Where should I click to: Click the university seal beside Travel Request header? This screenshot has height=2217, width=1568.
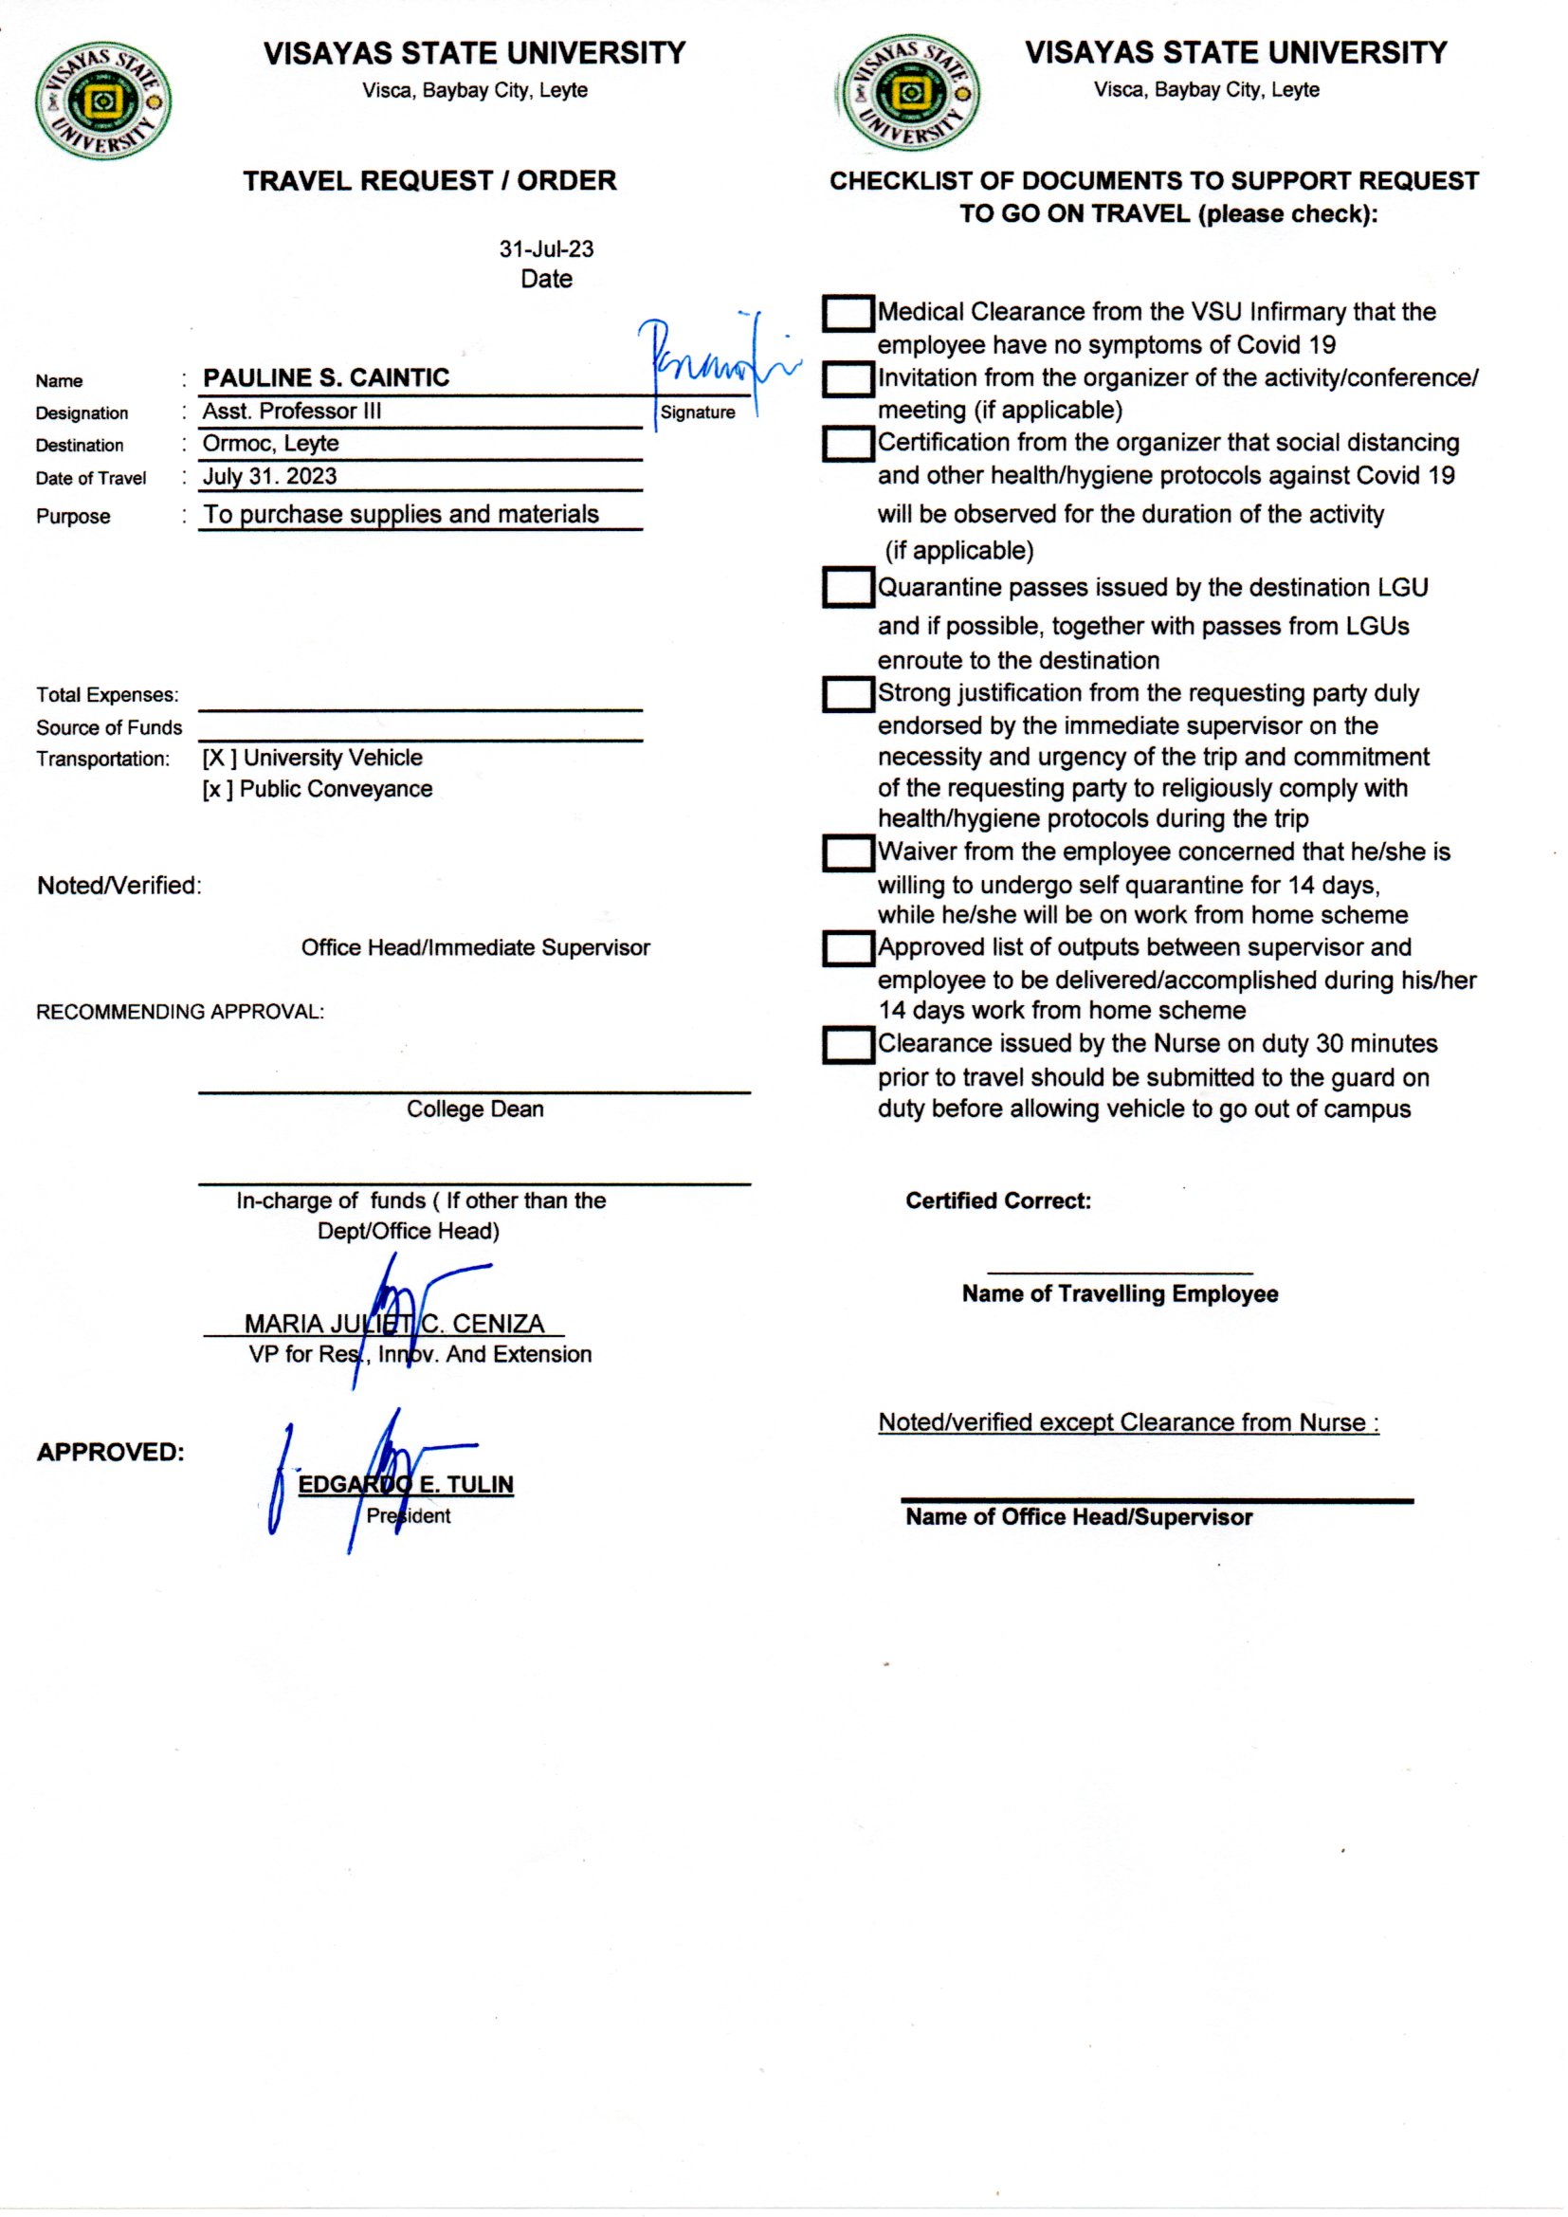tap(103, 101)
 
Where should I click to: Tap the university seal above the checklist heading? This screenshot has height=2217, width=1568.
tap(909, 94)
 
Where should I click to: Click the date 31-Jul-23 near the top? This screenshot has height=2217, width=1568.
tap(545, 249)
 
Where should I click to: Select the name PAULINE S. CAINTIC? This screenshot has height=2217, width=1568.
tap(326, 377)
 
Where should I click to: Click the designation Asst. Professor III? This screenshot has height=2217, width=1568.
tap(292, 412)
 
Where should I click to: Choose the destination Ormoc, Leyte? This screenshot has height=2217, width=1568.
tap(270, 444)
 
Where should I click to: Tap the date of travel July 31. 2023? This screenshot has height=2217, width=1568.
tap(269, 477)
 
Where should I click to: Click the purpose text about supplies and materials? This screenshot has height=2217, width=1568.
tap(401, 515)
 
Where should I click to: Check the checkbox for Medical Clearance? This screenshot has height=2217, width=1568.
tap(848, 314)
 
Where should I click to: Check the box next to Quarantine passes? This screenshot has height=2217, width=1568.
tap(848, 587)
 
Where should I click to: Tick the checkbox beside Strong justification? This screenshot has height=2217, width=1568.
tap(848, 694)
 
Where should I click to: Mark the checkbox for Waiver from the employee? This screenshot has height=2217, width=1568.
tap(848, 852)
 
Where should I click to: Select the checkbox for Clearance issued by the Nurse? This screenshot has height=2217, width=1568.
tap(848, 1045)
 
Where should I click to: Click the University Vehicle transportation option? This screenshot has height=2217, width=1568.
tap(312, 758)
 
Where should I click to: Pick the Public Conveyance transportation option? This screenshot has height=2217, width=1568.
tap(317, 789)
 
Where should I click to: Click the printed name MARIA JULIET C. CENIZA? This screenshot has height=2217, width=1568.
tap(394, 1323)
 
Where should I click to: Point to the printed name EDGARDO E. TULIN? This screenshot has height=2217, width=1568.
tap(406, 1484)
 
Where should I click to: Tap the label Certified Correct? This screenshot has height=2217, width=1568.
tap(997, 1201)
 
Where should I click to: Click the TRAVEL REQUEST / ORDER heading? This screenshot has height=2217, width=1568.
tap(429, 181)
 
